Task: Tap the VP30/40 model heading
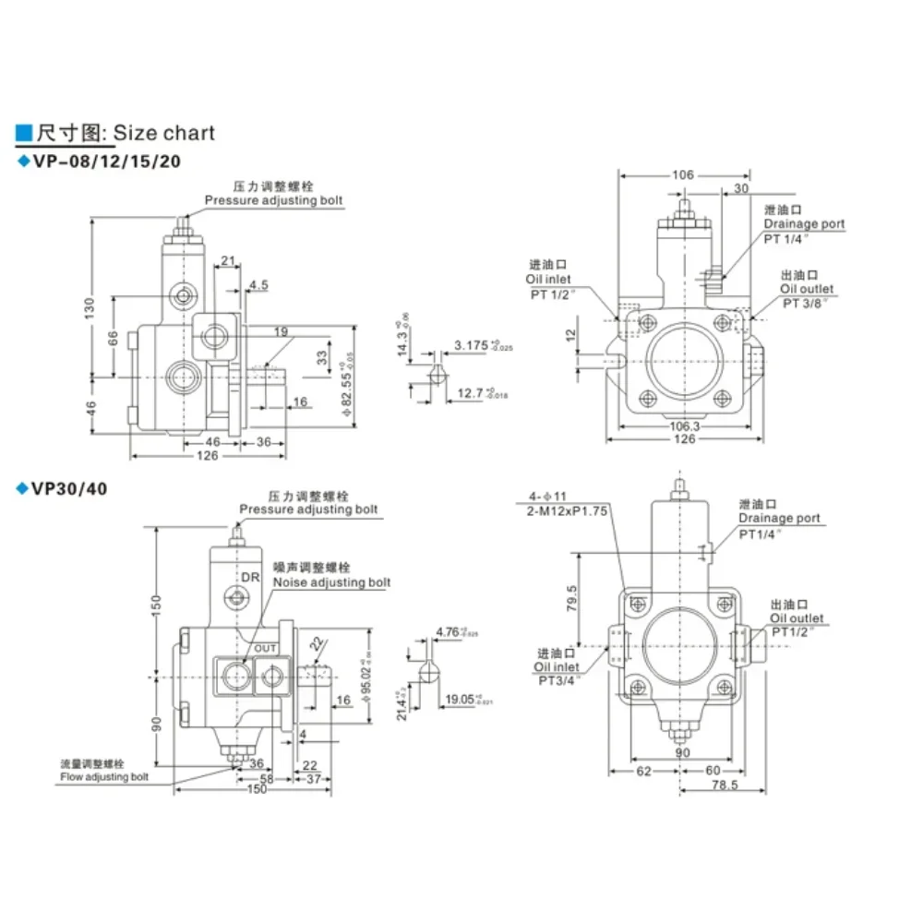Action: click(69, 488)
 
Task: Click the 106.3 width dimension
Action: click(684, 426)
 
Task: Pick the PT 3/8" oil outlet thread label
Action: click(808, 303)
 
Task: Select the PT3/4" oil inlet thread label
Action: click(557, 680)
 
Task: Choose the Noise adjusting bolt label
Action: click(331, 581)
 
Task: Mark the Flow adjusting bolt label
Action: click(103, 776)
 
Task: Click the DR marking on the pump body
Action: click(250, 577)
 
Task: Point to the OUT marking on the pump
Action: click(266, 648)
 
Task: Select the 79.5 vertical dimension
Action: click(572, 599)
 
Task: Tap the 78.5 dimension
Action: click(724, 785)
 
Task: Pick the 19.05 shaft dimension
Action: click(465, 699)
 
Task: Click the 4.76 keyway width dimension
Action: click(451, 632)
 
